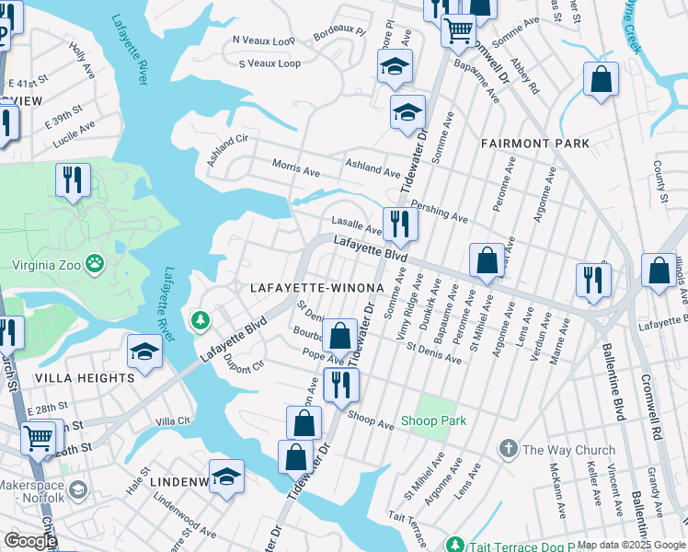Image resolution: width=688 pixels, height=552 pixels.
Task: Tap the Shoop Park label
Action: click(433, 420)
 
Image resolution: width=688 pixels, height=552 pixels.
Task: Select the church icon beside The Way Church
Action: click(507, 450)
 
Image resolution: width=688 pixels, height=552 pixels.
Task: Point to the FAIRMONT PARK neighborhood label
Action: click(534, 144)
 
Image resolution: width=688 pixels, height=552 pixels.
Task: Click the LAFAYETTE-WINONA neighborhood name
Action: click(316, 288)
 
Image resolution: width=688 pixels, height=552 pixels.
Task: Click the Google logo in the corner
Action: click(29, 541)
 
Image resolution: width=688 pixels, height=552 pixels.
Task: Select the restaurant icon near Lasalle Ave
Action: click(400, 223)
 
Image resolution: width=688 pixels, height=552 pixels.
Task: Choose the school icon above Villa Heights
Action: click(144, 351)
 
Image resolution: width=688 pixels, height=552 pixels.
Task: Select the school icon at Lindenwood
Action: click(226, 476)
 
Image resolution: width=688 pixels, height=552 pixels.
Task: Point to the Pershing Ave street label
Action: click(440, 213)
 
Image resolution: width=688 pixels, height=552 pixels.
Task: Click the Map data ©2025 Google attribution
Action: click(631, 545)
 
